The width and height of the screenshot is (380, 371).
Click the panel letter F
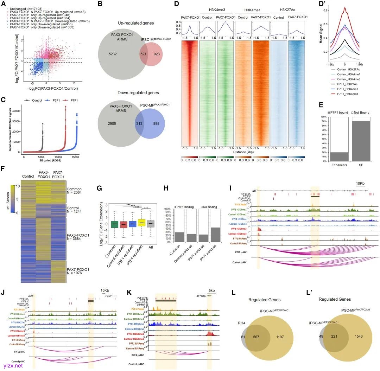coord(3,168)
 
